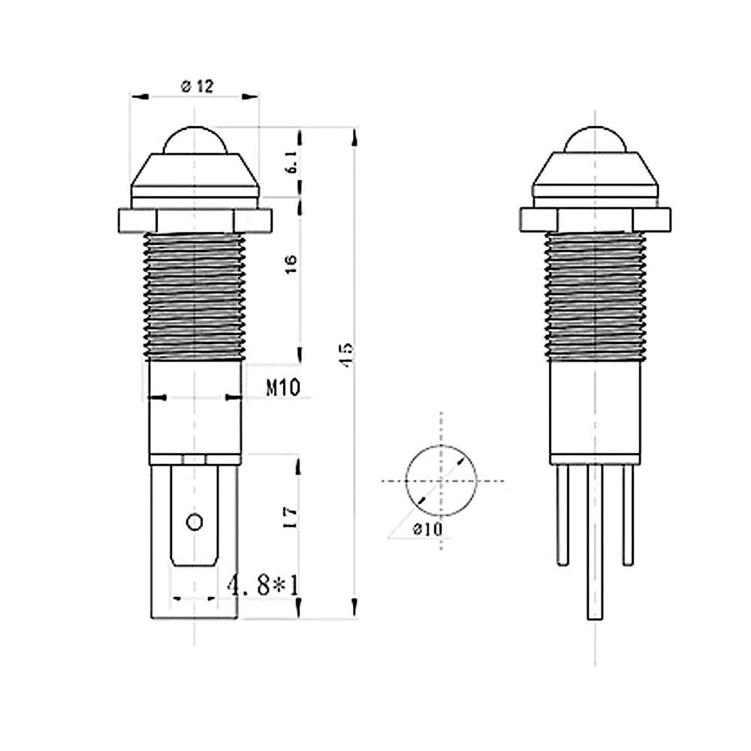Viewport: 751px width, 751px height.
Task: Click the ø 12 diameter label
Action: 197,86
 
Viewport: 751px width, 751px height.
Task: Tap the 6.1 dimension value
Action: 292,162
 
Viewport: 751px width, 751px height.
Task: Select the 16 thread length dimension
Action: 291,264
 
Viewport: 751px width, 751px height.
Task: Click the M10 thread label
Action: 283,387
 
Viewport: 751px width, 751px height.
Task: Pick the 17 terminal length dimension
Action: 290,517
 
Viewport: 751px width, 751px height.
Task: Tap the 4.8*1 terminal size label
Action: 262,585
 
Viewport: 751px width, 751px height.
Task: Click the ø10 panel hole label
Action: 428,529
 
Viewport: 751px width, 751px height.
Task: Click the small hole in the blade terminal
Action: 195,522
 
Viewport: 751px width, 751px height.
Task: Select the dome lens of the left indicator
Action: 195,140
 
